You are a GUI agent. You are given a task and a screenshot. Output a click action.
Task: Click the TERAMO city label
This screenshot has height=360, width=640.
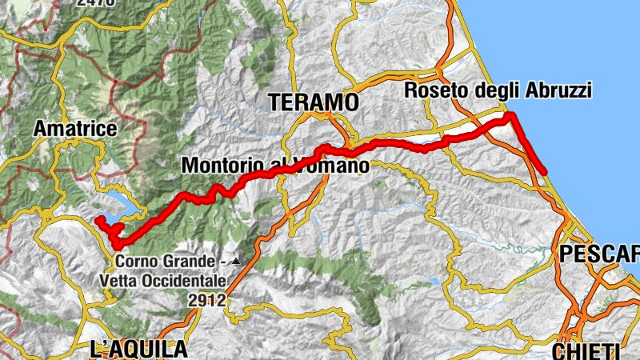pos(314,102)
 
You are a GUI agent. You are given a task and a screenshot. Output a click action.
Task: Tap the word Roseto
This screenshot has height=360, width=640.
pos(433,90)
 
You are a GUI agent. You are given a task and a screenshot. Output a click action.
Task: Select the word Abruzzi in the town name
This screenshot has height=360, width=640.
pos(558,90)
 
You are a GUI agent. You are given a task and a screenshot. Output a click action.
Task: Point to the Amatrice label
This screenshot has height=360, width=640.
pos(75,128)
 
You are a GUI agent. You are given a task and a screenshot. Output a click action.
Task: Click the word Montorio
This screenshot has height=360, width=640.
pos(223,166)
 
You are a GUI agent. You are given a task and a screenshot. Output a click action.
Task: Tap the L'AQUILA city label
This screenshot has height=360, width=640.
pos(139,349)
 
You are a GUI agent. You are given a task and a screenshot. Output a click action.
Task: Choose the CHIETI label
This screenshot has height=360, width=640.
pos(586,350)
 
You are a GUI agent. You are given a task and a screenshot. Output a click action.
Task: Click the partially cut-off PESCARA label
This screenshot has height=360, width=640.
pos(600,254)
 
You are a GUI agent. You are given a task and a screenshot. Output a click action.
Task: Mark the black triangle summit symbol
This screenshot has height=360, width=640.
pos(234,262)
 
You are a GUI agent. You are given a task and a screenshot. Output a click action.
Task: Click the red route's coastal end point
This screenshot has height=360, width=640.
pos(544,171)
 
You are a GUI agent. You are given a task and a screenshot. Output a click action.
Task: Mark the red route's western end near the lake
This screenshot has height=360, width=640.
pos(98,219)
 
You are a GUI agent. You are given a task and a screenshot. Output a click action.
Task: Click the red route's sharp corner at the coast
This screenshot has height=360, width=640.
pos(510,117)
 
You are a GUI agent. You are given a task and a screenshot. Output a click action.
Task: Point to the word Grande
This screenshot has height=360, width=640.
pos(191,262)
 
